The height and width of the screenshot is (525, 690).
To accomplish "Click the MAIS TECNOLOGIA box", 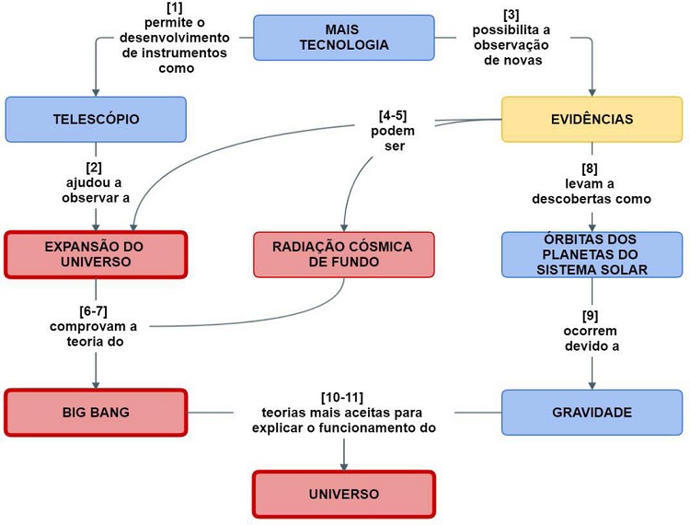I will point(343,38).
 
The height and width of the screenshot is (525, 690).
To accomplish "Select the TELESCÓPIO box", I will point(96,120).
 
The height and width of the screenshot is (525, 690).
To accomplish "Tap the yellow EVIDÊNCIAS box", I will point(592,120).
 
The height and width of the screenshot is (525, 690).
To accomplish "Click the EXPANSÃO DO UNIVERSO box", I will point(96,254).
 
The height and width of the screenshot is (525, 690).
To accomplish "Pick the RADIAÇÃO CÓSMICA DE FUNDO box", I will point(344,254).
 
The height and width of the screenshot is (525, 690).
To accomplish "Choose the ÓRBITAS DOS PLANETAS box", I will point(592,254).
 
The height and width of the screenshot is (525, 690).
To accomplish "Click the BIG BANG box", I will point(96,412).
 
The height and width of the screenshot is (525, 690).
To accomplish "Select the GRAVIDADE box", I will point(592,412).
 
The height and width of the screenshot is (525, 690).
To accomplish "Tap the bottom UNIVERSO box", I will point(343,495).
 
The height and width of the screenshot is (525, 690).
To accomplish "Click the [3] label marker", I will point(511,15).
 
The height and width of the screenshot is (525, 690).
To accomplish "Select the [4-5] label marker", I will point(393,115).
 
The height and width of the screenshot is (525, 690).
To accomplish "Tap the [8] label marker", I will point(591,168).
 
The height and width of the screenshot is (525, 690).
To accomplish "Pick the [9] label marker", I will point(591,315).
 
